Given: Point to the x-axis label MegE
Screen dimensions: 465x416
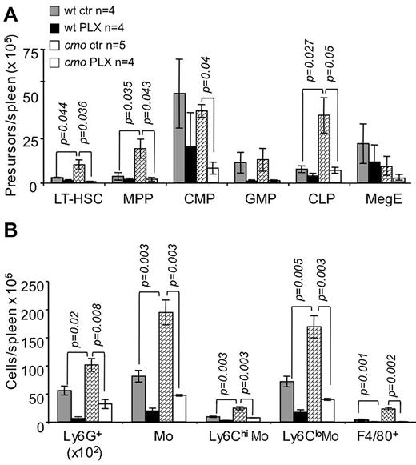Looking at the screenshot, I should pos(380,196).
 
